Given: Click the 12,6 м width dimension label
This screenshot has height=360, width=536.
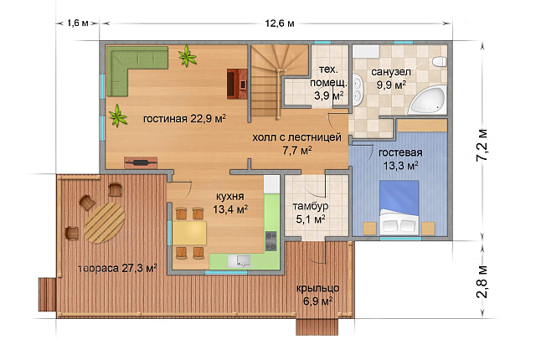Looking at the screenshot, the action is [x=279, y=23].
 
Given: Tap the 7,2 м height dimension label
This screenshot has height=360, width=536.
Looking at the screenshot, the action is [x=482, y=145].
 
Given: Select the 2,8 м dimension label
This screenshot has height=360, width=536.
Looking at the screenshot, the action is [x=482, y=281].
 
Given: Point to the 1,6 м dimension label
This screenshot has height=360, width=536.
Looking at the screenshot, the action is [x=78, y=23].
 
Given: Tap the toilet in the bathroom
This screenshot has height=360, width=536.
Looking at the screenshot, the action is [x=439, y=62].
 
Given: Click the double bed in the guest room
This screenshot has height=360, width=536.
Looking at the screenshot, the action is [x=399, y=208].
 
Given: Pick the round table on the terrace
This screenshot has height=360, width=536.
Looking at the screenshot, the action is [x=104, y=223].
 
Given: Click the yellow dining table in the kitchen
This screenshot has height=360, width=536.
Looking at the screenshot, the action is [x=189, y=233].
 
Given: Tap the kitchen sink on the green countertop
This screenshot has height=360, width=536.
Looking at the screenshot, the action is [x=239, y=261].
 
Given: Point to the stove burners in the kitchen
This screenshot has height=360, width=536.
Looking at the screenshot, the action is [x=271, y=241].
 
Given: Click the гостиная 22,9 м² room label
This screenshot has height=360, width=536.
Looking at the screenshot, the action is [x=184, y=119].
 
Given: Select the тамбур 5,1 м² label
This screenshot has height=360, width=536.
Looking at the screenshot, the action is [x=311, y=213].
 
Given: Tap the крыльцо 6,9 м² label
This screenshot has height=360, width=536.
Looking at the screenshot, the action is [x=318, y=295].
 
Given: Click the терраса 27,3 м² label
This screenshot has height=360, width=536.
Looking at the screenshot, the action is [x=117, y=268].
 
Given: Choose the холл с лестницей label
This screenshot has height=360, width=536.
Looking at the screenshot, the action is [x=297, y=137].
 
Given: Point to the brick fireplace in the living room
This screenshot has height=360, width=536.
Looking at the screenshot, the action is [x=237, y=84].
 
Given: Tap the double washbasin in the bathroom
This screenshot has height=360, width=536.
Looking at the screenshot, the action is [x=358, y=90].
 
